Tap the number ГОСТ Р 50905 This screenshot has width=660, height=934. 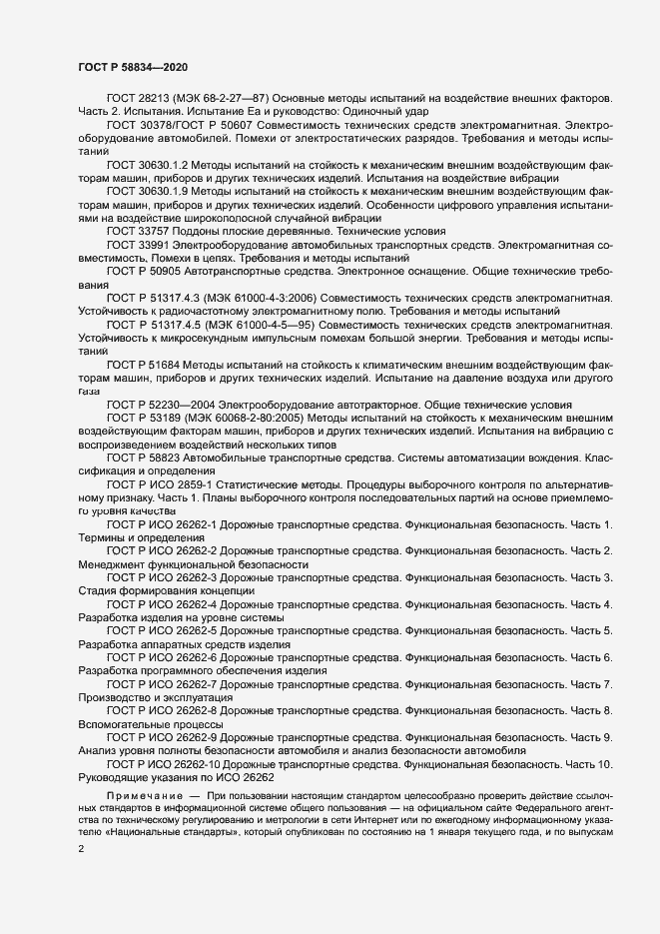[146, 271]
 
